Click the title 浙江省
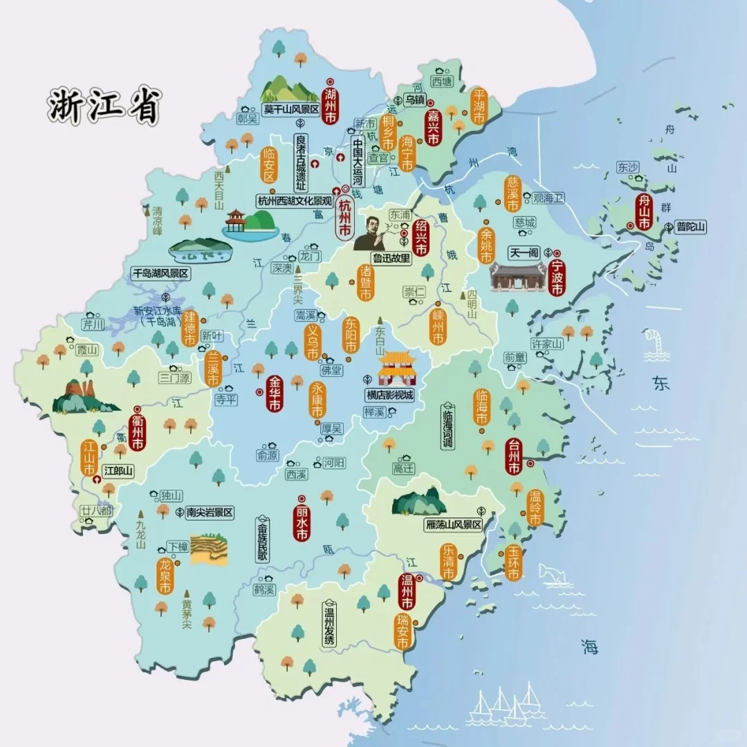104,106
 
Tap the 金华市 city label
275,394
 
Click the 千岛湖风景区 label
160,273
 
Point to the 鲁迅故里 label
391,259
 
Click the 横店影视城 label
389,396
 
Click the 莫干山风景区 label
290,109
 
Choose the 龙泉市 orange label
165,576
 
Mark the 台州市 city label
513,456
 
